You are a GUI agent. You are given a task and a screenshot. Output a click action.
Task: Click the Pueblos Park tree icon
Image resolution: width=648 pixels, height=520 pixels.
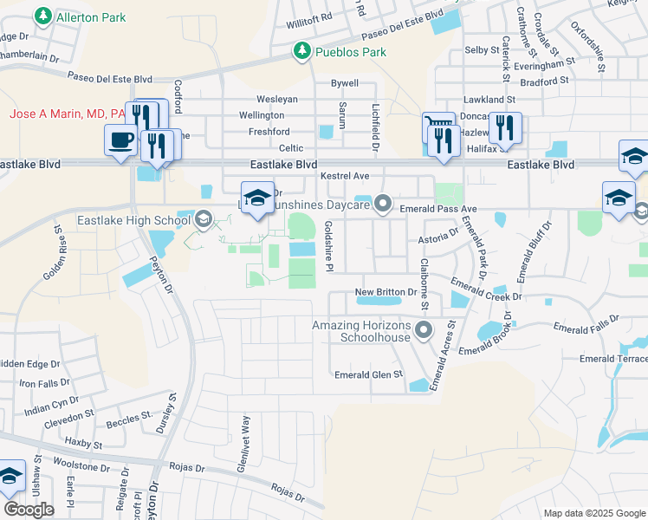301,51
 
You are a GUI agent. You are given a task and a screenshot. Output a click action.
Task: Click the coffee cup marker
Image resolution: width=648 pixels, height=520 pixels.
120,140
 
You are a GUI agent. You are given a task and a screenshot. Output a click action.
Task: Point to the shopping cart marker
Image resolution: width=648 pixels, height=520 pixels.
437,127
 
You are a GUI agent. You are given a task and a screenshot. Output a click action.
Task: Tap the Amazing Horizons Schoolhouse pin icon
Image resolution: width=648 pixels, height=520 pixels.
424,330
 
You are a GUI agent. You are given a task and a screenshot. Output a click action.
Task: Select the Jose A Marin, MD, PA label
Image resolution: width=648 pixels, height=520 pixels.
66,114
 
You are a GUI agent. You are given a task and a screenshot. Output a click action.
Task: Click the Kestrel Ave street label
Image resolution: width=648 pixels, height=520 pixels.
345,176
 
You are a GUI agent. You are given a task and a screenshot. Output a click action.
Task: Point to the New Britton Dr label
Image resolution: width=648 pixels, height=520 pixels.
388,292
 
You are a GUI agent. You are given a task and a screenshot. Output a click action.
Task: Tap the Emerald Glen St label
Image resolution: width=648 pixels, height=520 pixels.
369,375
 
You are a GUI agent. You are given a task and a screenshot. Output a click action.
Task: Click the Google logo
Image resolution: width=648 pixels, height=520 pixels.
29,509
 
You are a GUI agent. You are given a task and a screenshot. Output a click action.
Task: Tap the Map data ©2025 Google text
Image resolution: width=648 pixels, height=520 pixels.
593,513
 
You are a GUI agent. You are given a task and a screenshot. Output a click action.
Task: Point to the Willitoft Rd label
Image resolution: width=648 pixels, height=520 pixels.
309,17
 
